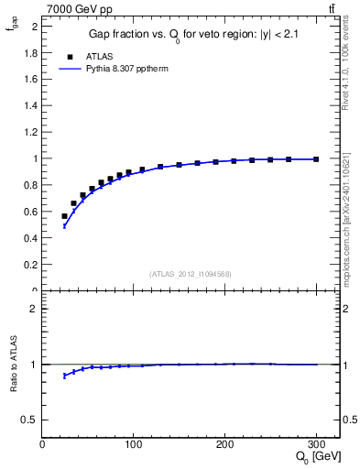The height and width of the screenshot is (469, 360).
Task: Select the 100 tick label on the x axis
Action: click(133, 445)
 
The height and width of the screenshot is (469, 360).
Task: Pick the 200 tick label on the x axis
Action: click(224, 445)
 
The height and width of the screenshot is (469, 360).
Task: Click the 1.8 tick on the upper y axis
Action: click(33, 53)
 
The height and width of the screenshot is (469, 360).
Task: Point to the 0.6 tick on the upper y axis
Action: click(33, 212)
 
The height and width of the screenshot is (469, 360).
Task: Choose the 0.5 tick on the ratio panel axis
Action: click(32, 420)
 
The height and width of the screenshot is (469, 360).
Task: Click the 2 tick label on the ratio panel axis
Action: click(36, 309)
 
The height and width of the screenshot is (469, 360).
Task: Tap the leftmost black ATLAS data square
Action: click(64, 216)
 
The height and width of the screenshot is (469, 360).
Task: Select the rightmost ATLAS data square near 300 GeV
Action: click(316, 159)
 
